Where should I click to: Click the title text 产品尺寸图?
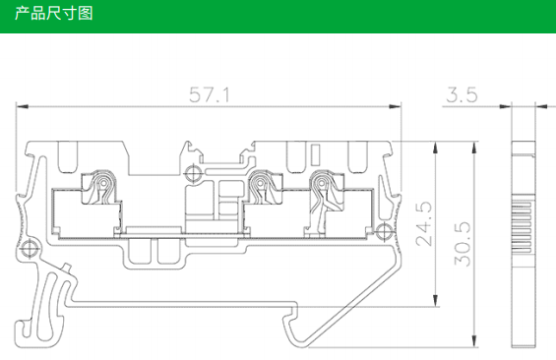[53, 14]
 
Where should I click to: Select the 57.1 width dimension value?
[210, 95]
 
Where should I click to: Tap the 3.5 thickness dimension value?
[462, 95]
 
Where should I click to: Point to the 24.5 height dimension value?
[424, 223]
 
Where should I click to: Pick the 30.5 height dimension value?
[463, 244]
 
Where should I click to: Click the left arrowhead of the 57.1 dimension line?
[22, 106]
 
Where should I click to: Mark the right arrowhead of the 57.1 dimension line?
[395, 106]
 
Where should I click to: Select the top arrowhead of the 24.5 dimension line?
[436, 148]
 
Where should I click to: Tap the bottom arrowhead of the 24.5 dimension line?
[436, 300]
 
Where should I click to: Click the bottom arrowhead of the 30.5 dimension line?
[474, 341]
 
